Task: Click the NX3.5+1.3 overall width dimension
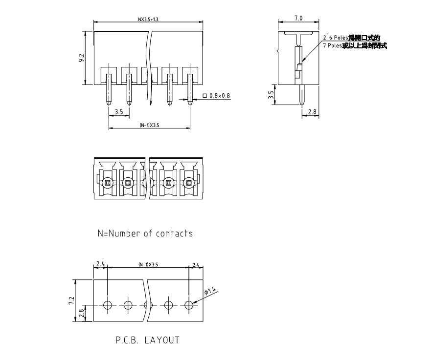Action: tap(148, 20)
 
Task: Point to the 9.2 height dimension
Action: tap(81, 58)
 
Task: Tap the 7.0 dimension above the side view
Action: tap(298, 18)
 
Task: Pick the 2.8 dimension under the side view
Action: tap(312, 112)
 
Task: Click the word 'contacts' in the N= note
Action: tap(174, 233)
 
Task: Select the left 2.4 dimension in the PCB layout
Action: tap(100, 264)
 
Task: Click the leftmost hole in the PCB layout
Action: tap(108, 306)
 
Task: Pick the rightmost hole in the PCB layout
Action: tap(189, 306)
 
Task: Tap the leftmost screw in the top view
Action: tap(107, 183)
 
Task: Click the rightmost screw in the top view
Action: tap(189, 183)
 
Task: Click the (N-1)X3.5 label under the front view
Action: tap(149, 126)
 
